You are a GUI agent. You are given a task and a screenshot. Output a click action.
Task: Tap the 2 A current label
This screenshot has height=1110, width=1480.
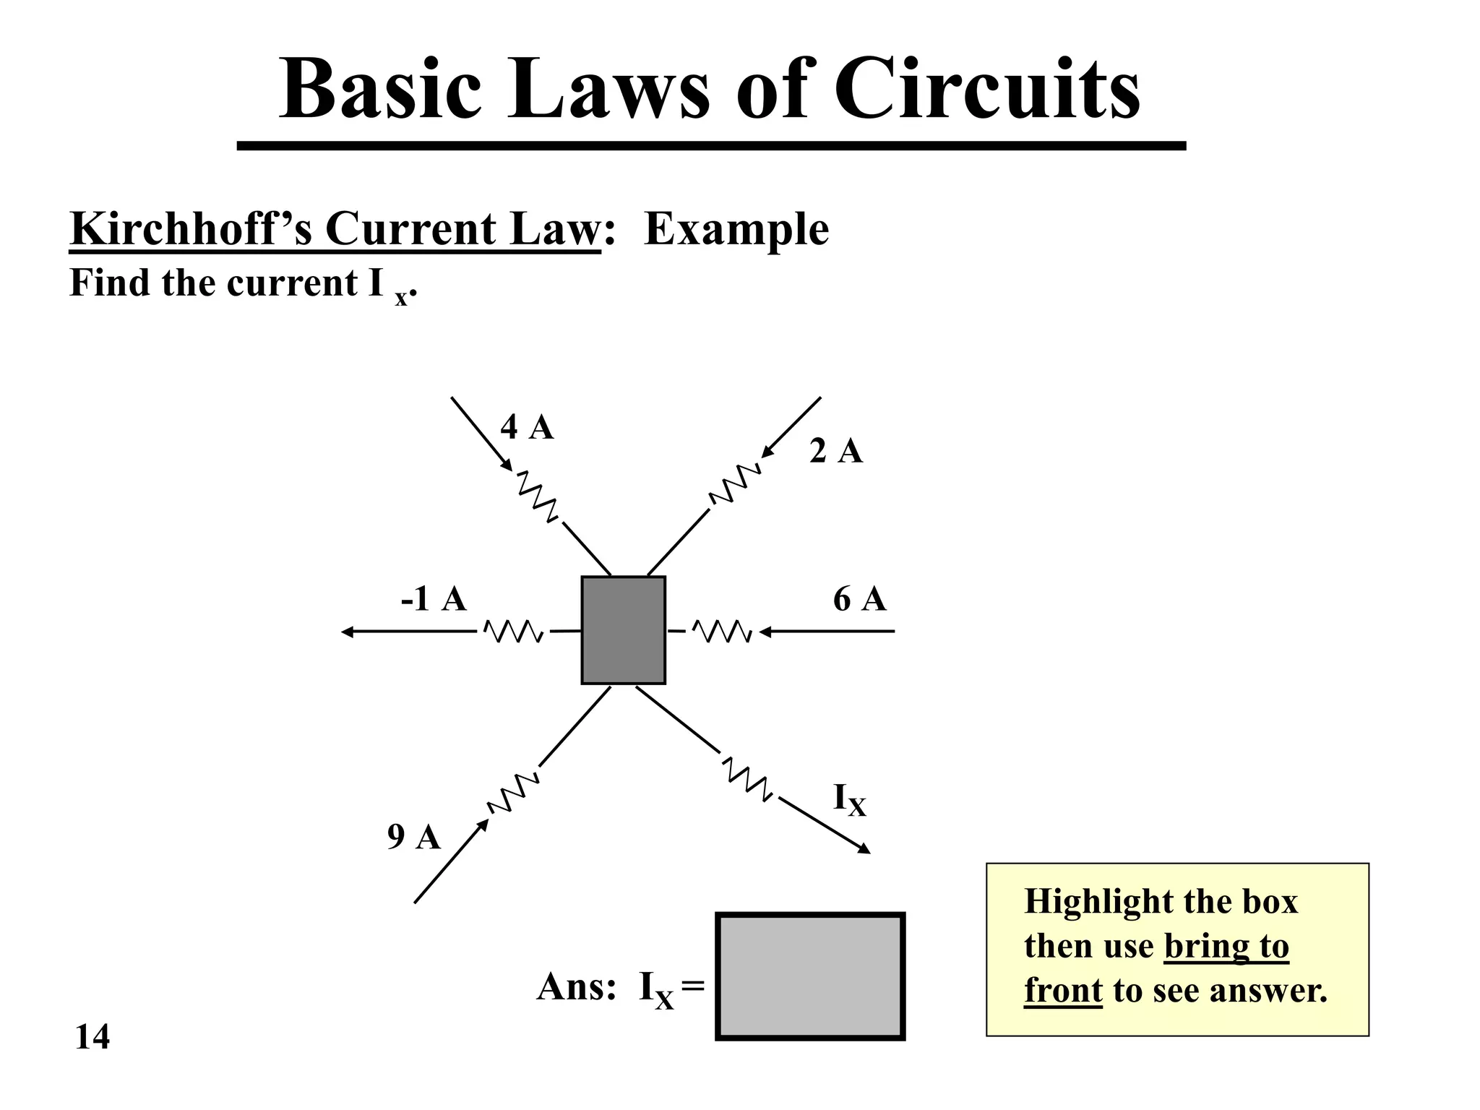pos(836,452)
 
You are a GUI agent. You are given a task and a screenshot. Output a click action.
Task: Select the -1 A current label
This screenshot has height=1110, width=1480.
pos(434,599)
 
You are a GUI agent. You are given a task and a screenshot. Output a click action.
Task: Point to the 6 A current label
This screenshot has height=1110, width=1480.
pos(859,600)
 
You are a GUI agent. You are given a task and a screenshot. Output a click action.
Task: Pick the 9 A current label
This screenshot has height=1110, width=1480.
pos(413,837)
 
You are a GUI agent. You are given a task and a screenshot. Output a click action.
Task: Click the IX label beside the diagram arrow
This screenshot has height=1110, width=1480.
pos(849,800)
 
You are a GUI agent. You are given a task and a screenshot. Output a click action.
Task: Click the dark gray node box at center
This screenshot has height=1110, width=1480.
pos(623,630)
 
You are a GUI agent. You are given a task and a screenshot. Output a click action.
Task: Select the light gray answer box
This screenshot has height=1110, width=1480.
pos(810,976)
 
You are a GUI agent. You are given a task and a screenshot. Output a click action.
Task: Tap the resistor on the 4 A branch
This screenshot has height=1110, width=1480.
pos(537,496)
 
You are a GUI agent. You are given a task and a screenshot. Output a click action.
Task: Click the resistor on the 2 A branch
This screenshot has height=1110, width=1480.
pos(735,484)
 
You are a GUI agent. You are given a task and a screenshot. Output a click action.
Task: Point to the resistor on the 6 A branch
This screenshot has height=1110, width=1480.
pos(722,632)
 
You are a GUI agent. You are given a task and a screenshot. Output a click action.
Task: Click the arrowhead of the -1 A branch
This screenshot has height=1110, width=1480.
pos(347,632)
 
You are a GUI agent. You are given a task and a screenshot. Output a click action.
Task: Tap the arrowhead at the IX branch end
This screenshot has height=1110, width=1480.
pos(864,850)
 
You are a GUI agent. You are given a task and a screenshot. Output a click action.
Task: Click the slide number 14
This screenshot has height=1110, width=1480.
pos(92,1037)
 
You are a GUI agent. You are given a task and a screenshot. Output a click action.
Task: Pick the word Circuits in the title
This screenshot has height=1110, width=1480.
pos(986,90)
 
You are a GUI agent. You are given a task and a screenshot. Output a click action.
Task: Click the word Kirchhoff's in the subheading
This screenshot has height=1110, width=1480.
pos(192,229)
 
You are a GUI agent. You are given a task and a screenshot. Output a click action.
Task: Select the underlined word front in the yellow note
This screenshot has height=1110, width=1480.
pos(1063,991)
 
